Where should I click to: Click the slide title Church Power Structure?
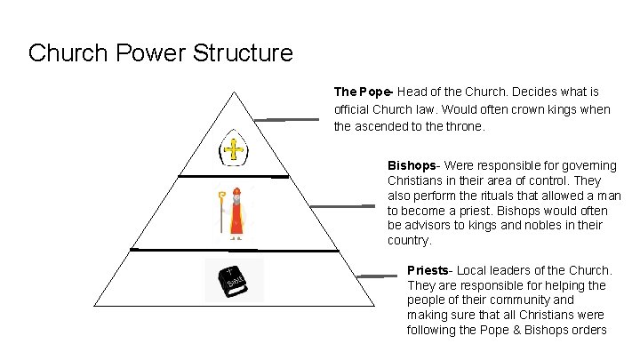[160, 53]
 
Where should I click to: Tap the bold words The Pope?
[364, 92]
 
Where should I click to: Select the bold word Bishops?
[412, 165]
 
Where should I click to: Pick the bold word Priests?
[428, 270]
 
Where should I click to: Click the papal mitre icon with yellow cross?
[234, 148]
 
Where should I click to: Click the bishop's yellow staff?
[220, 214]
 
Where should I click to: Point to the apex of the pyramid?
[234, 91]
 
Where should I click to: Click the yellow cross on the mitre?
[234, 148]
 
